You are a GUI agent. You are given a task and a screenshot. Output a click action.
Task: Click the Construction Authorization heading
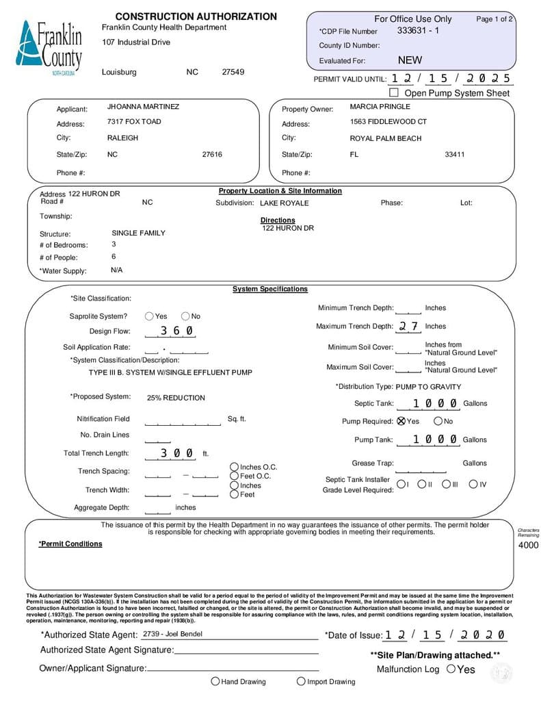(196, 16)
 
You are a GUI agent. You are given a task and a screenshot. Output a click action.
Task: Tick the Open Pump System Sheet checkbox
(393, 92)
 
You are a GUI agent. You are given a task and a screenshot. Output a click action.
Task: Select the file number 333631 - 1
(418, 31)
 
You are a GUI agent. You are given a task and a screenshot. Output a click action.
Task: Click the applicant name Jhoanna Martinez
(143, 107)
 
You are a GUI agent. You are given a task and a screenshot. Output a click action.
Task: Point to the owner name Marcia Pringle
(380, 107)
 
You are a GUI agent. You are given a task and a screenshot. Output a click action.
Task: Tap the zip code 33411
(454, 155)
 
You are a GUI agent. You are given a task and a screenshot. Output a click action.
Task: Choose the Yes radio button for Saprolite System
(149, 316)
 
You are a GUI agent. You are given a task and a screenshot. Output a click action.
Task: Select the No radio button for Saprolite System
(185, 316)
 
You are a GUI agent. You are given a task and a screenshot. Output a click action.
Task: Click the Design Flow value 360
(176, 331)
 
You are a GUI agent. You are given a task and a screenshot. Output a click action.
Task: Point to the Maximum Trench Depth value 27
(408, 327)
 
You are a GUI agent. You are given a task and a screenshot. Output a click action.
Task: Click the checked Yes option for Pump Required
(401, 421)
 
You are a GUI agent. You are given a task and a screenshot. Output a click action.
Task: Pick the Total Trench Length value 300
(176, 453)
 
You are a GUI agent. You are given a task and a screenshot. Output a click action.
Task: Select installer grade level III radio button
(446, 485)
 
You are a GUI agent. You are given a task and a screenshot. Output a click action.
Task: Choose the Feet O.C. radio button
(235, 476)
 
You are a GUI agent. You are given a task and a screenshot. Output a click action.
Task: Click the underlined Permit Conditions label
(70, 544)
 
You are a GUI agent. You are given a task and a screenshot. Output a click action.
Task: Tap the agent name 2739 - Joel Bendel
(172, 634)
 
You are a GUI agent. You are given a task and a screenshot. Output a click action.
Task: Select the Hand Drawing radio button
(215, 681)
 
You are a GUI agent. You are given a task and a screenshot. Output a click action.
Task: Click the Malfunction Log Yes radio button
(451, 669)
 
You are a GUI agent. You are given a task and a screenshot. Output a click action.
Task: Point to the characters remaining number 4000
(529, 545)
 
